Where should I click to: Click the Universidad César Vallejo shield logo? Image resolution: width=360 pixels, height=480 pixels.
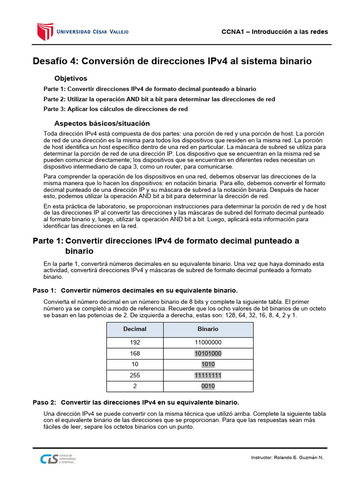pos(44,31)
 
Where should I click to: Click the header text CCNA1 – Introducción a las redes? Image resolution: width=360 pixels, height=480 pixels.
pos(274,32)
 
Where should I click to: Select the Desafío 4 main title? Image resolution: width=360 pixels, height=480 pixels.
pos(172,61)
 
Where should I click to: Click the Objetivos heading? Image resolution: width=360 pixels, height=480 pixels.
pos(71,78)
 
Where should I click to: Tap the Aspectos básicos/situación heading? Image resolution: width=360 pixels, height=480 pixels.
pos(102,123)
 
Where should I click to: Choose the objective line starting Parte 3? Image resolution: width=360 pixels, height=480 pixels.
pos(115,109)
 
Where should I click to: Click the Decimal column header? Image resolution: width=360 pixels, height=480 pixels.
pos(135,330)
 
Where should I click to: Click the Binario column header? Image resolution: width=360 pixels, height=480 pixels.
pos(208,330)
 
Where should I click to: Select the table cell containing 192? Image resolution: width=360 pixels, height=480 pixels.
pos(135,343)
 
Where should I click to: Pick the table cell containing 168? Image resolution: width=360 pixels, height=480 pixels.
pos(135,353)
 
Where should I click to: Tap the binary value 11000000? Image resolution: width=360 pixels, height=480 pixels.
pos(208,343)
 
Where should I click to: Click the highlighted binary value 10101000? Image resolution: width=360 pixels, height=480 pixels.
pos(208,353)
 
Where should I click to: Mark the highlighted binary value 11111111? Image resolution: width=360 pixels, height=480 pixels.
pos(208,375)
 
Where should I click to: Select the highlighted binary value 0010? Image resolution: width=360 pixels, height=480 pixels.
pos(208,386)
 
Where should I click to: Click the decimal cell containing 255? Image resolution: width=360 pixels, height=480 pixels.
pos(135,375)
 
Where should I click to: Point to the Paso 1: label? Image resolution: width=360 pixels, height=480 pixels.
pos(45,290)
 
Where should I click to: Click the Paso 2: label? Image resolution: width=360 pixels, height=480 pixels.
pos(45,402)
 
